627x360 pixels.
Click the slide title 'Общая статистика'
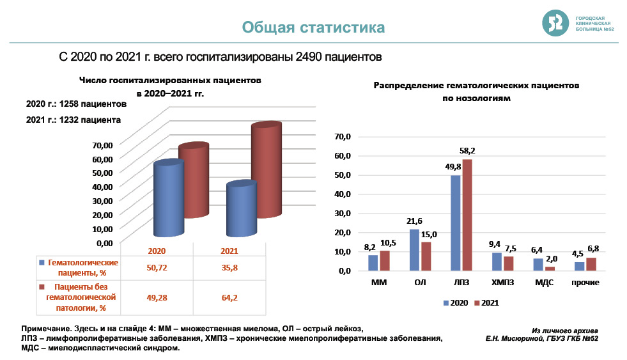click(313, 27)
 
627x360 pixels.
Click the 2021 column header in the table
click(229, 251)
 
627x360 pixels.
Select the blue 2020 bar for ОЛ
click(414, 249)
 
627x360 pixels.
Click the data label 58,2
click(467, 151)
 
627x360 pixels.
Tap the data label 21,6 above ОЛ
click(414, 221)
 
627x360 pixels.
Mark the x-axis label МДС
click(542, 282)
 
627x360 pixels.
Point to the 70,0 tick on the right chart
click(343, 136)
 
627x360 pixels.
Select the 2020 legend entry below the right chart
click(456, 302)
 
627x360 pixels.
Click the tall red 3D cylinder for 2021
click(266, 169)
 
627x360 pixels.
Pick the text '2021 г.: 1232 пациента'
click(74, 120)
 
